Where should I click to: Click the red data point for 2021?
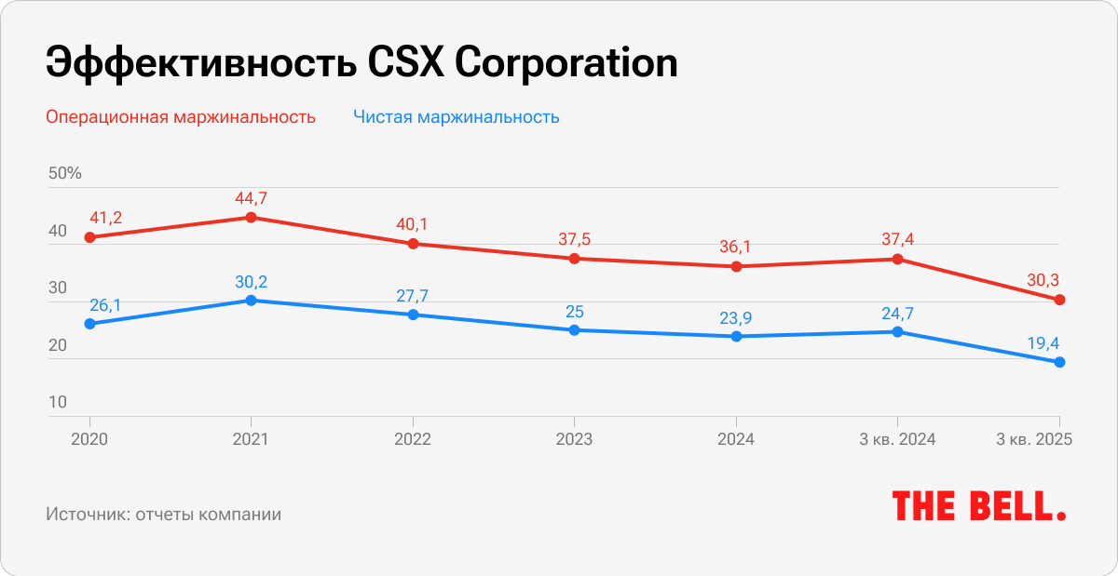coord(251,218)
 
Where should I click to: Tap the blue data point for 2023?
coord(574,330)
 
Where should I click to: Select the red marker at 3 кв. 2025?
coord(1059,300)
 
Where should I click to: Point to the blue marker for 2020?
coord(89,324)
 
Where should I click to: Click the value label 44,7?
coord(251,197)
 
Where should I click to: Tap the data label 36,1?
coord(736,247)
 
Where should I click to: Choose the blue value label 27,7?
coord(413,295)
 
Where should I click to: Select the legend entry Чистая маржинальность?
coord(456,117)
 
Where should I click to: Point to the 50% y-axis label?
coord(65,173)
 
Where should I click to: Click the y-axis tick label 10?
coord(58,402)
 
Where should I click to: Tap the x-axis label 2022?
coord(413,439)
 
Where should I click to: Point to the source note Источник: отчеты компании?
coord(163,514)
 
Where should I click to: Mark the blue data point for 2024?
coord(736,336)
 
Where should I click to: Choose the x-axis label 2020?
coord(89,439)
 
